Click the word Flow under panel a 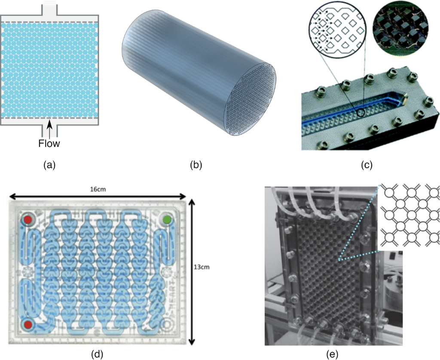click(x=50, y=143)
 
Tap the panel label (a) click(x=49, y=164)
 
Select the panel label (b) click(x=196, y=164)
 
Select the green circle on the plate click(x=167, y=220)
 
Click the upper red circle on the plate click(x=28, y=220)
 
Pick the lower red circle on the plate click(x=28, y=324)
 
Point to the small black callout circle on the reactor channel click(x=361, y=113)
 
